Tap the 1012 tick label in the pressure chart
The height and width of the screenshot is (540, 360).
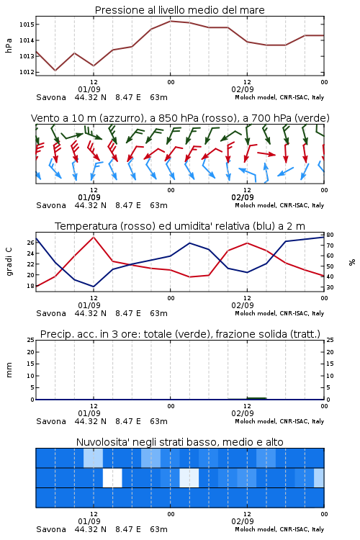(27, 72)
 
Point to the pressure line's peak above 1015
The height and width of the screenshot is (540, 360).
(170, 21)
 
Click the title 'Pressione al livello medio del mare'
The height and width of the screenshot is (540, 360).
(180, 10)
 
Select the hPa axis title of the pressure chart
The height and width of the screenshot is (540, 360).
(9, 45)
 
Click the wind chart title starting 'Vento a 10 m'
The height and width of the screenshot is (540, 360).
(180, 118)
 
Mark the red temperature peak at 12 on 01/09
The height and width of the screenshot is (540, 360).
(94, 237)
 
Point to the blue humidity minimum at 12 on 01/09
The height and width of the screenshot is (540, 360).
(94, 287)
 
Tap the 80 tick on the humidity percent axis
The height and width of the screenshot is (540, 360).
(330, 235)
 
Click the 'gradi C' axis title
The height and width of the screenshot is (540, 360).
(9, 262)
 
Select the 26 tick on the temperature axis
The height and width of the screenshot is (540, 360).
(30, 243)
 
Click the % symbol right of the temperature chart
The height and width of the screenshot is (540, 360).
(352, 262)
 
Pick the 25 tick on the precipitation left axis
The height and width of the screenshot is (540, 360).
(30, 340)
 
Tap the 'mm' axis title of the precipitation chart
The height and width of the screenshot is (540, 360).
(9, 370)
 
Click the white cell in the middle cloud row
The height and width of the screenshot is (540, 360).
(112, 477)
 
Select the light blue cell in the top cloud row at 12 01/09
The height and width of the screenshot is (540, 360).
(93, 458)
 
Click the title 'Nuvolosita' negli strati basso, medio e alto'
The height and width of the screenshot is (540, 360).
(180, 442)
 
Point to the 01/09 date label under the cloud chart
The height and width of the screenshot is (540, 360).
(89, 521)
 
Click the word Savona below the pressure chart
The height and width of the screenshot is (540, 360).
(51, 97)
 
